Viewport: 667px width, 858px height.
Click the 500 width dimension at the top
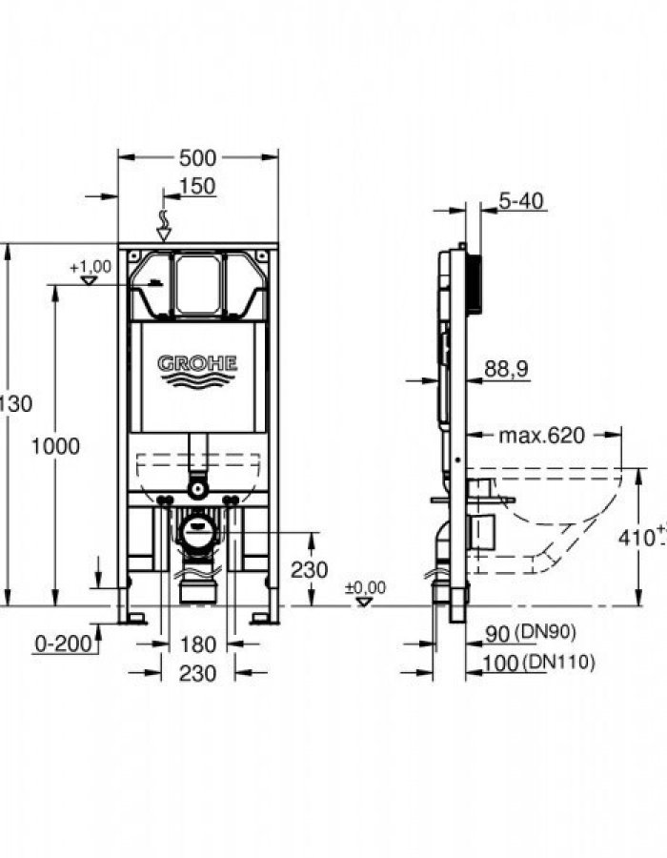pos(198,157)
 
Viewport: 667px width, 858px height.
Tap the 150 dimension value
pos(197,186)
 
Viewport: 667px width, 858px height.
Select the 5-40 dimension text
pos(520,201)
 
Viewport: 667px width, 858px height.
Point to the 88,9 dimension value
pos(506,369)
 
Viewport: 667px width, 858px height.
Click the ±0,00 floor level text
pos(365,588)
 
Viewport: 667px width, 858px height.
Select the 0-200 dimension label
pos(63,644)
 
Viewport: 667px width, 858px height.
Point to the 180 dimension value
pos(197,644)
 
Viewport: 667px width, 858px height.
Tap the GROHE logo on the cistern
pos(198,363)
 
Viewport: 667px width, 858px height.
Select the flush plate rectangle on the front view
pos(198,283)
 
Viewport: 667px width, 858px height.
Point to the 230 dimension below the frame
pos(198,673)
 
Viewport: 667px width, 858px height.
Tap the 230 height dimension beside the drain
pos(309,569)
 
